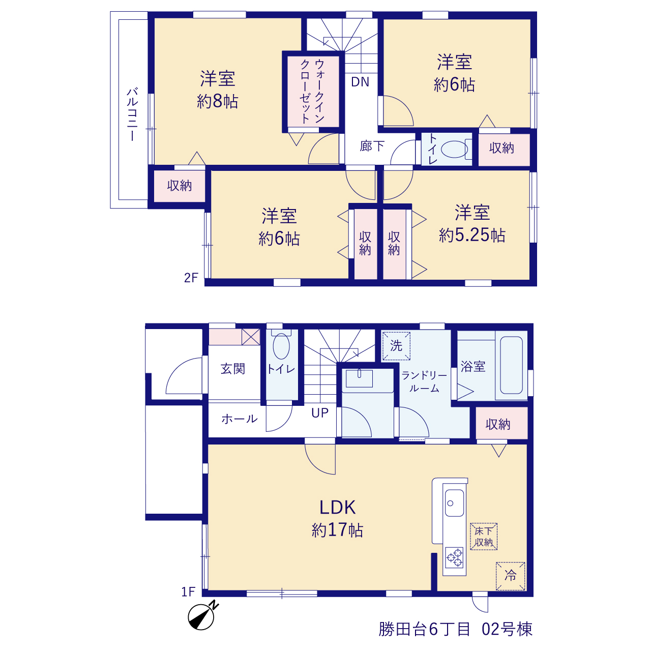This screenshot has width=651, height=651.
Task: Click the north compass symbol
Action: [202, 615]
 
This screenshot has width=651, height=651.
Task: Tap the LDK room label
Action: [338, 508]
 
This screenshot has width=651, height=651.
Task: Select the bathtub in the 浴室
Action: [511, 365]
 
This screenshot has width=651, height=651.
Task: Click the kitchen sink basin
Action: [454, 503]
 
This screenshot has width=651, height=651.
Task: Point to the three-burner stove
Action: [454, 557]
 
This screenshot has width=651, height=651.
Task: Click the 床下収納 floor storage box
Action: [484, 537]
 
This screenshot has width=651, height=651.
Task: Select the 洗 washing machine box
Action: [396, 346]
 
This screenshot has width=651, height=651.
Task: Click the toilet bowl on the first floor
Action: [281, 346]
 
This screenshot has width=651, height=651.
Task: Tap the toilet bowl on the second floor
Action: [454, 149]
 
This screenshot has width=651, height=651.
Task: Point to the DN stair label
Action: [360, 82]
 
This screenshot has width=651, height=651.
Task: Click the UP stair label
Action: [319, 413]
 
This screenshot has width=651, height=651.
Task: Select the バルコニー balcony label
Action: [132, 114]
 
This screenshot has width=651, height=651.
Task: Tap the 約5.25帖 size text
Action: [472, 235]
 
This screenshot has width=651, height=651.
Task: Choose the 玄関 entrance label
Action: [233, 369]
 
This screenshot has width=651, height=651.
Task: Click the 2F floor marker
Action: [191, 278]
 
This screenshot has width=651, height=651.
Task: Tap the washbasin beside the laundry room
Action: [359, 378]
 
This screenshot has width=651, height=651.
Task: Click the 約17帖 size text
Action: [338, 530]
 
